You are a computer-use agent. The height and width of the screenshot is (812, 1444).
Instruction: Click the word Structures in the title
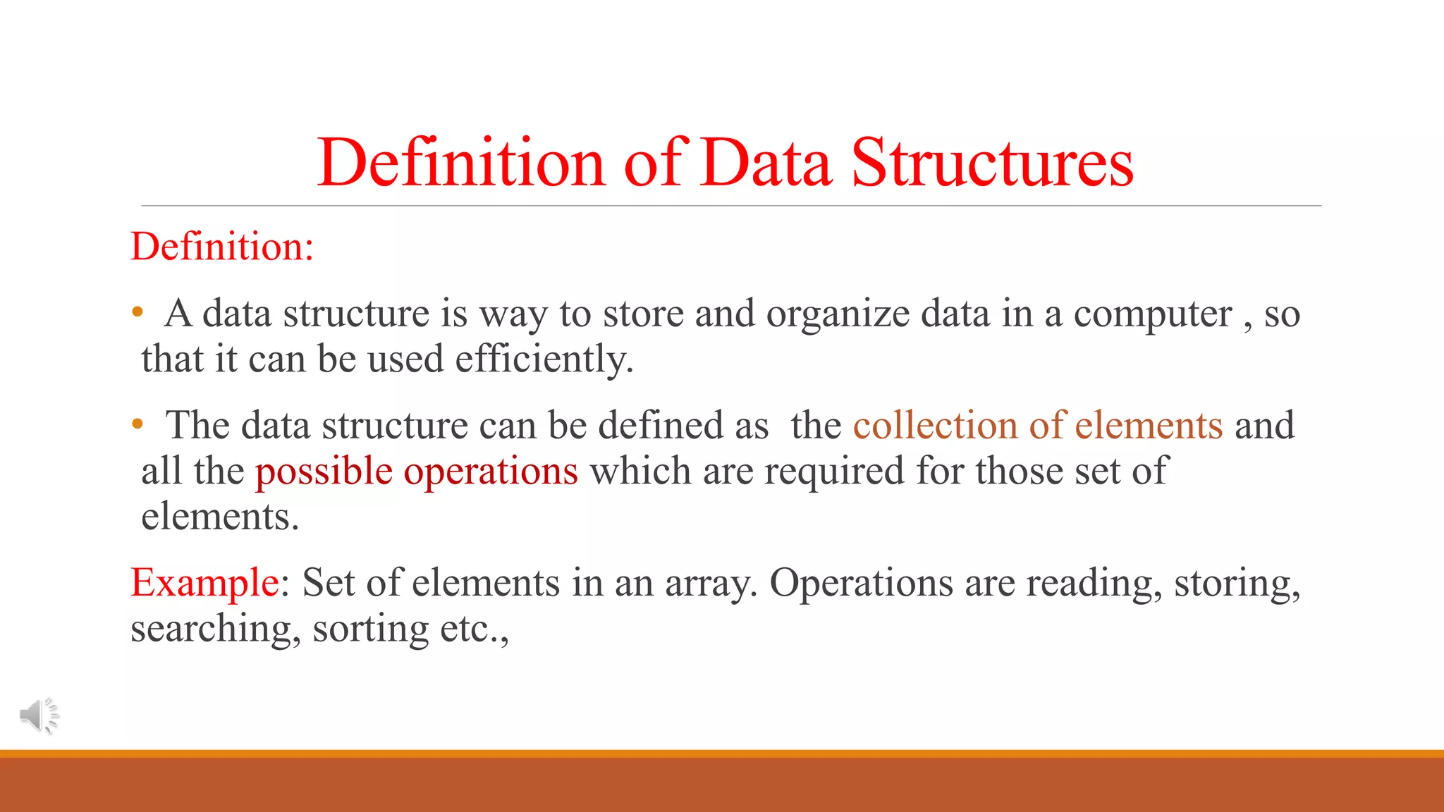(992, 164)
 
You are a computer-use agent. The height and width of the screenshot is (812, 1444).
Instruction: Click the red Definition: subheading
(222, 247)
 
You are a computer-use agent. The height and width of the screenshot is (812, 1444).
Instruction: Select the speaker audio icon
(39, 715)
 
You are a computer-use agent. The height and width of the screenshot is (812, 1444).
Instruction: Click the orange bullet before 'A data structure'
(137, 312)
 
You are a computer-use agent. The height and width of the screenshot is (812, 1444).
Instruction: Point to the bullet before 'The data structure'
(137, 424)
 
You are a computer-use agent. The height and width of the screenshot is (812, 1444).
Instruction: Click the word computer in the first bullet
(1153, 314)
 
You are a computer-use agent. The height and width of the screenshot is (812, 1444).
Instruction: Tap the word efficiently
(544, 359)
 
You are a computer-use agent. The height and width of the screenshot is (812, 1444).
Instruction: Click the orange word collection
(935, 425)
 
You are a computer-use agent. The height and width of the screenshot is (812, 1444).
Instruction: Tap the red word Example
(204, 583)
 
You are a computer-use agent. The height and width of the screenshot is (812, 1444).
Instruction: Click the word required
(834, 471)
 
